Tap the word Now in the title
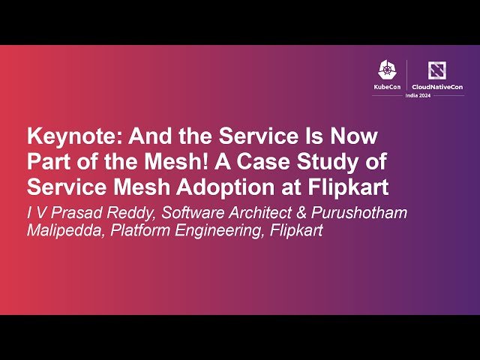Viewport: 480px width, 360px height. point(354,138)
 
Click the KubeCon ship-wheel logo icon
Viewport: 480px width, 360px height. point(387,71)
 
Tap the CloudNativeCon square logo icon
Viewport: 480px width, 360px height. point(436,70)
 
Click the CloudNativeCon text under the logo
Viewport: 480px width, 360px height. point(437,87)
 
